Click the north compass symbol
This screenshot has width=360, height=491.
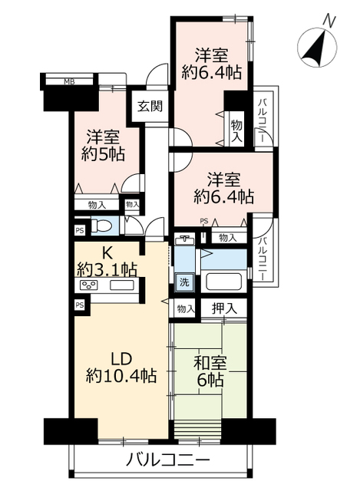(x=316, y=47)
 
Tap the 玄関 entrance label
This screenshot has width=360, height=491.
(x=150, y=107)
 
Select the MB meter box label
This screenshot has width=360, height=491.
(x=69, y=82)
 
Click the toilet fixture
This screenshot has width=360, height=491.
(x=100, y=226)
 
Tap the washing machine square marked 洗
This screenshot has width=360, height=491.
(x=184, y=282)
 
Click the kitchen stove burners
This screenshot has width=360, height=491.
(x=89, y=285)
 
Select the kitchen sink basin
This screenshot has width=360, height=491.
(x=121, y=285)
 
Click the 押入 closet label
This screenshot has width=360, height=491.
(x=224, y=308)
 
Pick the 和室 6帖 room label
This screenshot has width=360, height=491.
(x=210, y=371)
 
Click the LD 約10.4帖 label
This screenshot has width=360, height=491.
(x=121, y=367)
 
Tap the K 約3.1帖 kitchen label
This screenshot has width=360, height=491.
(x=107, y=262)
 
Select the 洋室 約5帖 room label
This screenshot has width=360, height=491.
(x=103, y=145)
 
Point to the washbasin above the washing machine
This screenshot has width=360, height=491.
(x=184, y=239)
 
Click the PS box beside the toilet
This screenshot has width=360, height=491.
(x=80, y=231)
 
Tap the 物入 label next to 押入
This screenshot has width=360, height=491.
(x=186, y=309)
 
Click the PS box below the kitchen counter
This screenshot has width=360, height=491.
(x=80, y=305)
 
